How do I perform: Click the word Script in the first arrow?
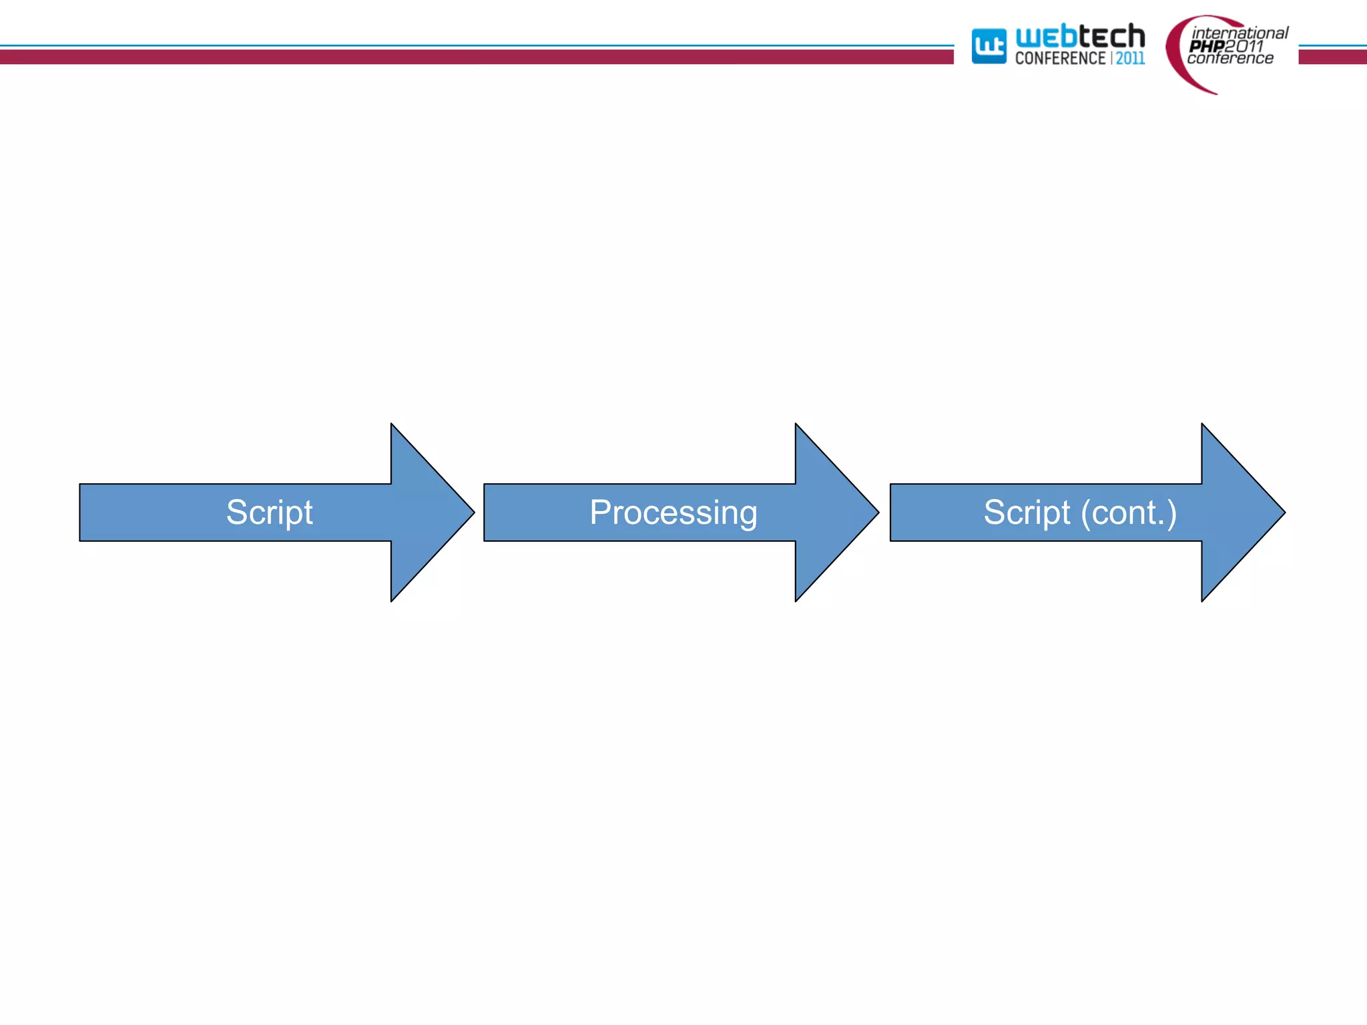(x=269, y=512)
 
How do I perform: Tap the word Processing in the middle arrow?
(x=673, y=512)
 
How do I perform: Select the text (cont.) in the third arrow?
(x=1128, y=512)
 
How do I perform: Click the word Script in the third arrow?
(x=1027, y=512)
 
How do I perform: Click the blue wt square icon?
(x=989, y=46)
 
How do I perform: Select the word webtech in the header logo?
(x=1079, y=37)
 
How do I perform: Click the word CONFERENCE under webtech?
(x=1060, y=59)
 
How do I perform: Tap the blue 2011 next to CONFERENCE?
(x=1130, y=59)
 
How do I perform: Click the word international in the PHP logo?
(x=1240, y=33)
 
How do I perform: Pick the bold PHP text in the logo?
(x=1206, y=46)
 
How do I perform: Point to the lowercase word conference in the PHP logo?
(x=1229, y=59)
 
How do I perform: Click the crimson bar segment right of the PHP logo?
(x=1332, y=57)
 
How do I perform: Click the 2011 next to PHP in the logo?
(x=1244, y=46)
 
